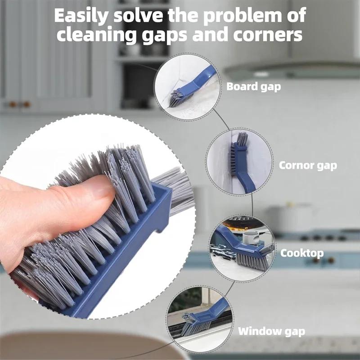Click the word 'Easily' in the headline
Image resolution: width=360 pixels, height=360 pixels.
[x=81, y=16]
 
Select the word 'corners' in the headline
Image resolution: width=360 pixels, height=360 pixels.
[x=268, y=35]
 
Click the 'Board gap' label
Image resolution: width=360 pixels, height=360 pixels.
[x=253, y=87]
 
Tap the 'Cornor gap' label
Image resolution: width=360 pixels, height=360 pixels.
[x=308, y=166]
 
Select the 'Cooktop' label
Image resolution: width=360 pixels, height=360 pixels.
[x=302, y=253]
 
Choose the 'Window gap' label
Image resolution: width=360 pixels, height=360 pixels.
[x=271, y=331]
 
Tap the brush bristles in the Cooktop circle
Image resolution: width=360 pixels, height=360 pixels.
[x=252, y=261]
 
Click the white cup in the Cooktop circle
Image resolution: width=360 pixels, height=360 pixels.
[x=250, y=238]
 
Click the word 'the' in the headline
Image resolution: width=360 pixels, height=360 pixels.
[x=183, y=16]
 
